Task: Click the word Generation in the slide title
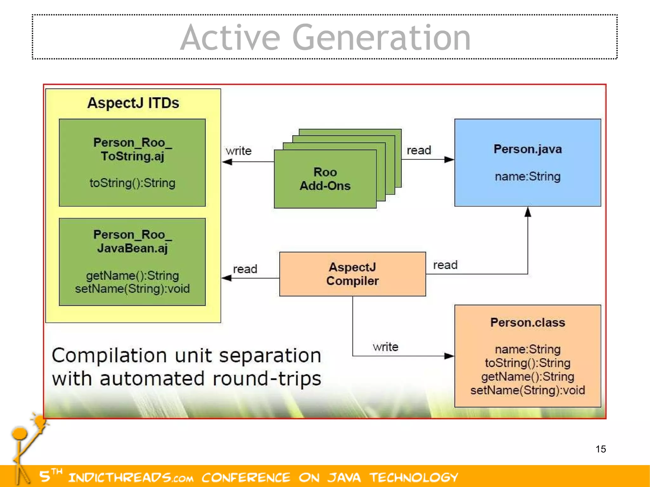pos(381,38)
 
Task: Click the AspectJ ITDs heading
pos(133,103)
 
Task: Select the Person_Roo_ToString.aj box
pos(132,162)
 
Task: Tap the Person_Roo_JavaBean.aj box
pos(132,262)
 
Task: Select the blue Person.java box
pos(527,162)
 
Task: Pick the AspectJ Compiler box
pos(352,274)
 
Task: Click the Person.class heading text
pos(527,322)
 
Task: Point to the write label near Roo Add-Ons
pos(239,151)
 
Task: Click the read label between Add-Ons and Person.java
pos(419,150)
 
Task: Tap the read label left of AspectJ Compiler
pos(245,269)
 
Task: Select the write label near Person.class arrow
pos(385,347)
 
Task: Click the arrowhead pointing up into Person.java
pos(527,212)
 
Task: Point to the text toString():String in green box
pos(132,183)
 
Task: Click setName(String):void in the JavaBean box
pos(132,289)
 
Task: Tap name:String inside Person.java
pos(527,176)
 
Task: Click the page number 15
pos(600,449)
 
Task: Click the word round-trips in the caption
pos(267,379)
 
